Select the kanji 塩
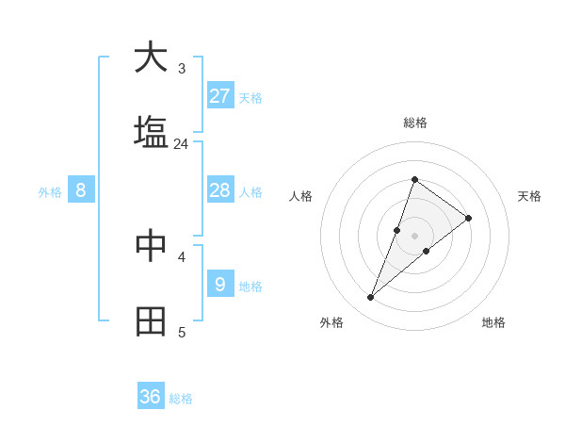pos(151,133)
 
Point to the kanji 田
pos(151,321)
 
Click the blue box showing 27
pos(220,95)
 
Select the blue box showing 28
pos(220,190)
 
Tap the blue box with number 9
pos(220,284)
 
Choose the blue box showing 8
pos(81,190)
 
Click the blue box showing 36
pos(151,397)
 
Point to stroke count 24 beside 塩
pos(182,144)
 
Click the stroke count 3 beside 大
pos(182,68)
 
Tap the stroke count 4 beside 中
pos(182,255)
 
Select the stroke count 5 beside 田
pos(182,332)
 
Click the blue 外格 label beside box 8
pos(50,192)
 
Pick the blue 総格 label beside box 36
pos(181,399)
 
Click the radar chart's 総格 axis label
pos(415,123)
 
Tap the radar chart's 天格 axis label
pos(530,196)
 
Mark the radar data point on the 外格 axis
pos(371,298)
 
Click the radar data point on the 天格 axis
pos(468,218)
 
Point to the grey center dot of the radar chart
pos(415,235)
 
